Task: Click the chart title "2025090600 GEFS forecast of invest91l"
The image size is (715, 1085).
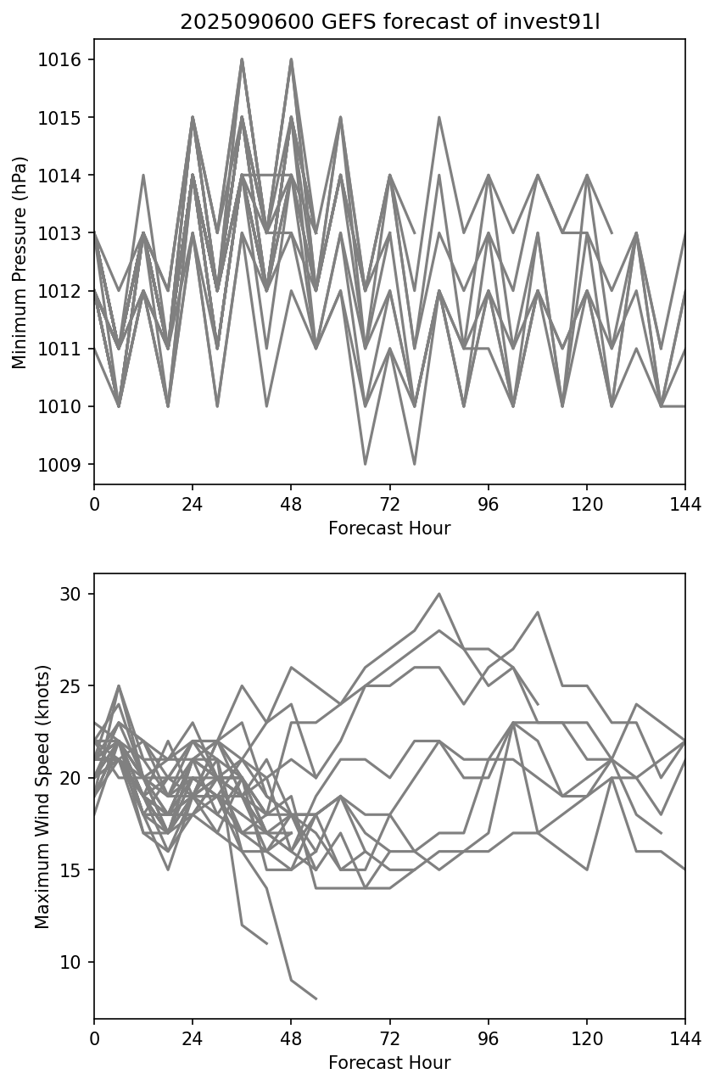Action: pyautogui.click(x=389, y=22)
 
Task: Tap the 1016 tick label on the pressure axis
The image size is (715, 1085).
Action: pyautogui.click(x=61, y=59)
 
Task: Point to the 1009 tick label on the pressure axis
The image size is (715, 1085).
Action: pyautogui.click(x=61, y=465)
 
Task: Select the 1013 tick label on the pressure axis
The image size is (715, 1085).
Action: pyautogui.click(x=61, y=233)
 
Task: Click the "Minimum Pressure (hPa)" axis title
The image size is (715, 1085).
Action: pyautogui.click(x=20, y=262)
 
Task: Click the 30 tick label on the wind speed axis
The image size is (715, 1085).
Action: pyautogui.click(x=71, y=594)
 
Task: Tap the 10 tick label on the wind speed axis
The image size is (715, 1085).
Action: pyautogui.click(x=71, y=962)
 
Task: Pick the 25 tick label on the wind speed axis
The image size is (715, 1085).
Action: pyautogui.click(x=71, y=685)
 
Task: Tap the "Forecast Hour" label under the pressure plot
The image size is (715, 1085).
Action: pyautogui.click(x=389, y=529)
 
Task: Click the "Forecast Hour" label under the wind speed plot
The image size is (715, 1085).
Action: pyautogui.click(x=389, y=1063)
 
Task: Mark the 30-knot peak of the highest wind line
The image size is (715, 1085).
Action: pyautogui.click(x=439, y=594)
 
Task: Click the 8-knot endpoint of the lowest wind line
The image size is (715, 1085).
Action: pyautogui.click(x=316, y=998)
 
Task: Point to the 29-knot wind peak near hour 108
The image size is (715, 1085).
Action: pyautogui.click(x=538, y=612)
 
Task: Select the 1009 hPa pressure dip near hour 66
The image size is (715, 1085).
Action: pyautogui.click(x=366, y=464)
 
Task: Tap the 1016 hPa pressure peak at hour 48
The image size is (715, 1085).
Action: pyautogui.click(x=291, y=59)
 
